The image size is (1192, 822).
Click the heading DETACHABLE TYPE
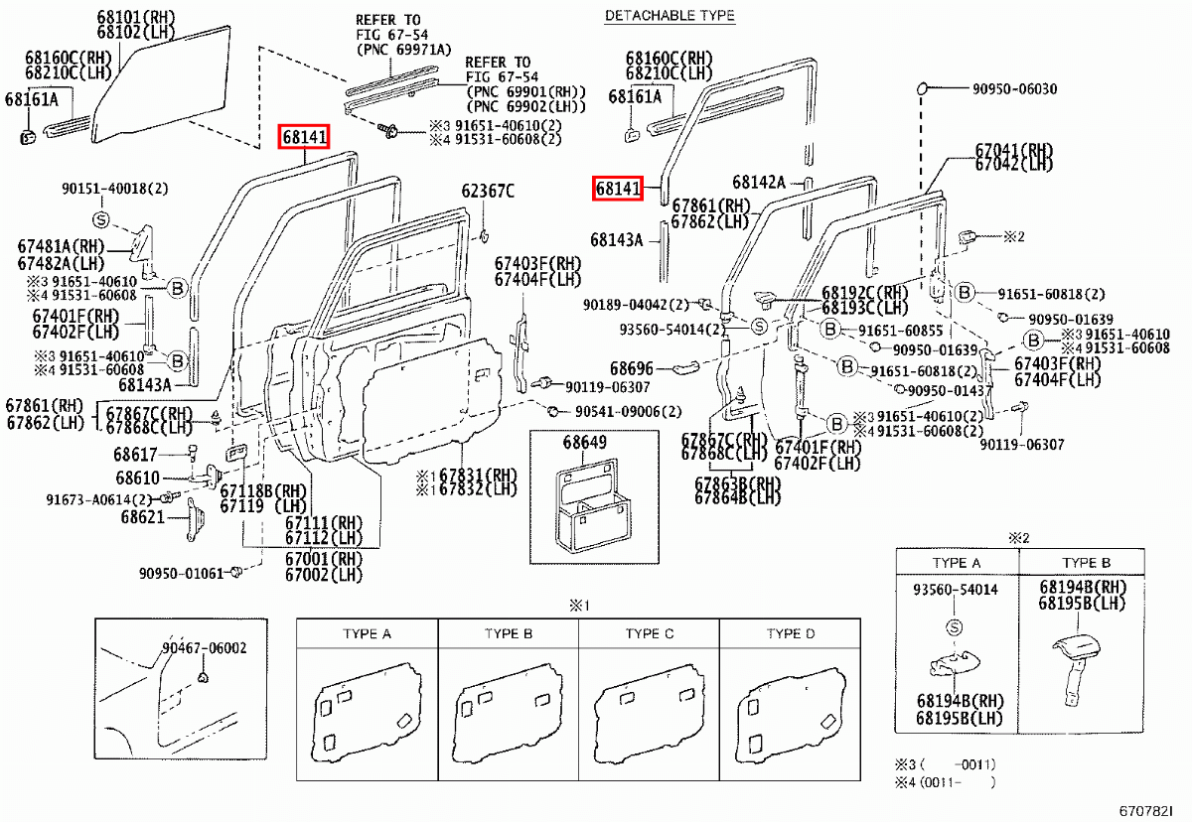[670, 15]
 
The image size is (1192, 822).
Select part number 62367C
[488, 191]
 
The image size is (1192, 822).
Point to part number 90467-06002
[205, 648]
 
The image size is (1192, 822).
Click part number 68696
[632, 368]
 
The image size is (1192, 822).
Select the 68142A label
[759, 182]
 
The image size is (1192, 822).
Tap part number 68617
[134, 455]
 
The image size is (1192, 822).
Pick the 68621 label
[143, 517]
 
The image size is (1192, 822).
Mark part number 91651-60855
[899, 330]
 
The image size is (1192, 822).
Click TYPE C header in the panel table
[649, 633]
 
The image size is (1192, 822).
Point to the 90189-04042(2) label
[636, 304]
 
